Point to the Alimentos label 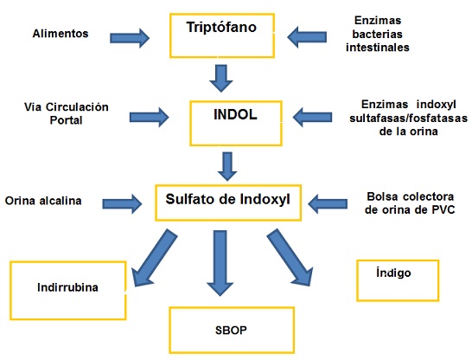(x=61, y=34)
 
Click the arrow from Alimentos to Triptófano (x=130, y=38)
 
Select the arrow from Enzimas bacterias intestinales (x=307, y=37)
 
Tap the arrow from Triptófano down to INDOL (x=221, y=79)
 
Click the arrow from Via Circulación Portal (x=150, y=117)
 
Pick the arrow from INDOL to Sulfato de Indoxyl (x=227, y=166)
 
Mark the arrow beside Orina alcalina (x=122, y=204)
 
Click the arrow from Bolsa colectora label (x=328, y=204)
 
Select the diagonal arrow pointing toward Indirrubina (x=155, y=258)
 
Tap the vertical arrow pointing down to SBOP (x=220, y=263)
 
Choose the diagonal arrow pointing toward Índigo (x=290, y=257)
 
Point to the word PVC (x=443, y=209)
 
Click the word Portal (x=66, y=120)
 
